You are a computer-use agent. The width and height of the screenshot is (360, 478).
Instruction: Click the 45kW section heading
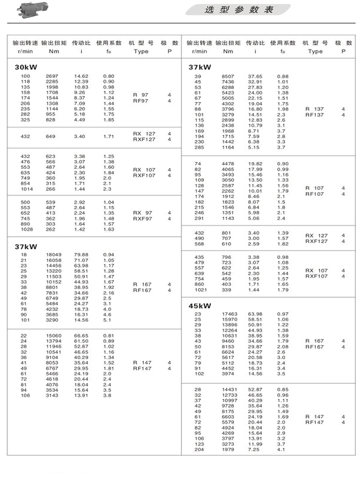pos(200,305)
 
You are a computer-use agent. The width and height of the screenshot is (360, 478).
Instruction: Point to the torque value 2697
pos(52,76)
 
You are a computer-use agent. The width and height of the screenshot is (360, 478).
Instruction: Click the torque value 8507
pos(228,76)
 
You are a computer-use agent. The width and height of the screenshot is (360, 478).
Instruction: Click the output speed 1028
pos(26,230)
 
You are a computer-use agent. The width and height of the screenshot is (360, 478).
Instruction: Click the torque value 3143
pos(52,395)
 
